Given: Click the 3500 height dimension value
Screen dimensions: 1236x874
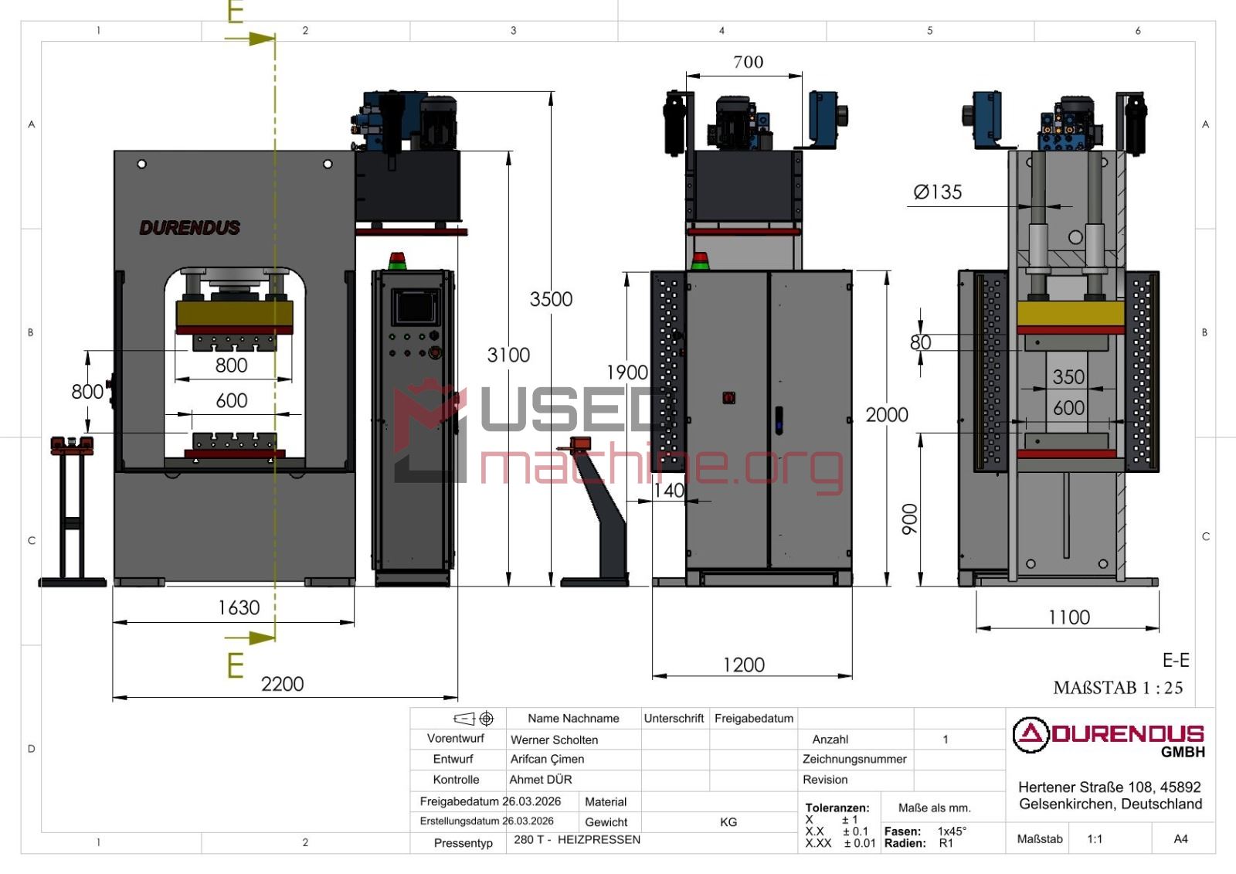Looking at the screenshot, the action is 551,299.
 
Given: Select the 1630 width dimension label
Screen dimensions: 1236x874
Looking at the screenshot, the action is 239,608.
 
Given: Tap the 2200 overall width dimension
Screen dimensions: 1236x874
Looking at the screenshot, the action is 282,684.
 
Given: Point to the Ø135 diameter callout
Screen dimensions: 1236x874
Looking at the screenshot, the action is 938,192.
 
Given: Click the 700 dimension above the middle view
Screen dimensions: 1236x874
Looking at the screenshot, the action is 749,62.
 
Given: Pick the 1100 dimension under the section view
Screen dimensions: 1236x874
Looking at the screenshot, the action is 1069,617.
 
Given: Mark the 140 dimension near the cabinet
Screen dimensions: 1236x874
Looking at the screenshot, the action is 669,490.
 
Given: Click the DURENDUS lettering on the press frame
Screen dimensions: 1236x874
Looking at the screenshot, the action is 190,227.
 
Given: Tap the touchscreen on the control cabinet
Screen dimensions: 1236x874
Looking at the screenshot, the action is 415,307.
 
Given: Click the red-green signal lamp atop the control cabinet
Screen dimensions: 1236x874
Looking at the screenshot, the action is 397,260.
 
